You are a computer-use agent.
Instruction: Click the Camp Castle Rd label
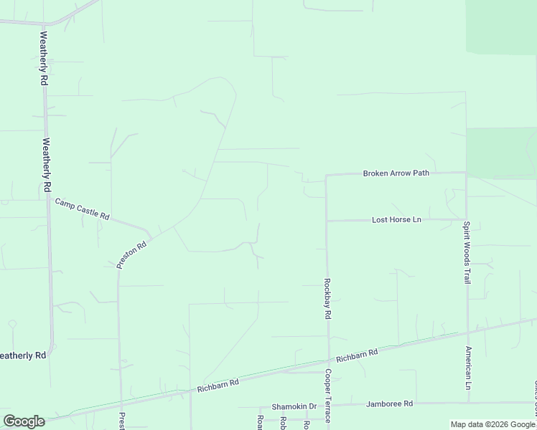coord(82,209)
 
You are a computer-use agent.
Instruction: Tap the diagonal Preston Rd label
coord(132,254)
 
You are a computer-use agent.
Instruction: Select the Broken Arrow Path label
coord(396,173)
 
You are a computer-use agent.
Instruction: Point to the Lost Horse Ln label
coord(396,219)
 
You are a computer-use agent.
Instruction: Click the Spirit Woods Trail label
coord(466,252)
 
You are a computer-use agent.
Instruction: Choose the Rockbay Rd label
coord(327,298)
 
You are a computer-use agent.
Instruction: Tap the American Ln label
coord(467,364)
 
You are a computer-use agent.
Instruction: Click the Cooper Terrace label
coord(327,396)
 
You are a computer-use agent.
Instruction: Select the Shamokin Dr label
coord(294,406)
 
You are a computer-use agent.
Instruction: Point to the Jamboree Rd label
coord(390,404)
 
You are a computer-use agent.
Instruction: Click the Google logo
coord(24,421)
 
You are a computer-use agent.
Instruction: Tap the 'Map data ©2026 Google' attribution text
coord(493,424)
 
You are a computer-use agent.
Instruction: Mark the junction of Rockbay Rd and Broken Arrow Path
coord(326,175)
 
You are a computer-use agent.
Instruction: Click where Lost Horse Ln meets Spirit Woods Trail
coord(466,219)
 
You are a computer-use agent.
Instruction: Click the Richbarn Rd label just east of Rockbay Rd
coord(357,355)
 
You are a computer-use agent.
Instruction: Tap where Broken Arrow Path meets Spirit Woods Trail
coord(466,173)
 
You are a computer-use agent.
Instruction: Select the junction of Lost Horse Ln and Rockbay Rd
coord(327,221)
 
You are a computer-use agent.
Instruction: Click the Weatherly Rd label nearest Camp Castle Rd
coord(47,164)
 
